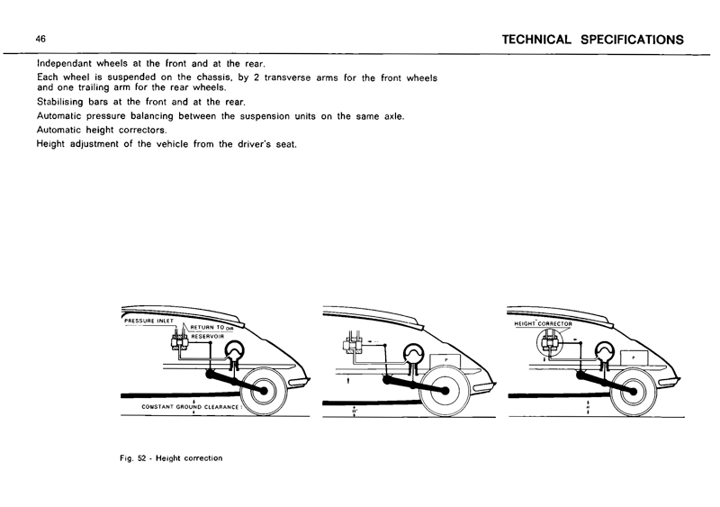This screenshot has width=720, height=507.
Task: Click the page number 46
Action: pos(40,39)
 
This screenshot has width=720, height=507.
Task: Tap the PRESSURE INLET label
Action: pos(149,320)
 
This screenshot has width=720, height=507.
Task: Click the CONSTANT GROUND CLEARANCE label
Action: pos(190,407)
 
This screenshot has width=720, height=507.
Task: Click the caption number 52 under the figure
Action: pos(152,457)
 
